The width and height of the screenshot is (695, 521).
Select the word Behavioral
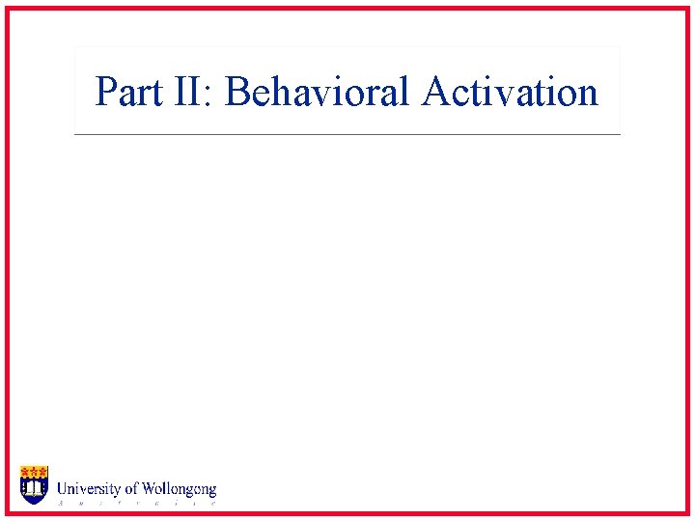tap(319, 93)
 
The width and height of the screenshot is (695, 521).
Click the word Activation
tap(510, 93)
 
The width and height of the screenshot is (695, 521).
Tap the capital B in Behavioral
tap(236, 93)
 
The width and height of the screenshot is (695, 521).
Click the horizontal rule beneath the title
tap(347, 134)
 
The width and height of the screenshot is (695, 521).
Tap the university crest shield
tap(34, 484)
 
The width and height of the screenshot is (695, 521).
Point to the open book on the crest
tap(34, 491)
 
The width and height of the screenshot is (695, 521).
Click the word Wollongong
tap(180, 490)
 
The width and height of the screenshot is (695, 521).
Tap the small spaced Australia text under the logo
tap(135, 503)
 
